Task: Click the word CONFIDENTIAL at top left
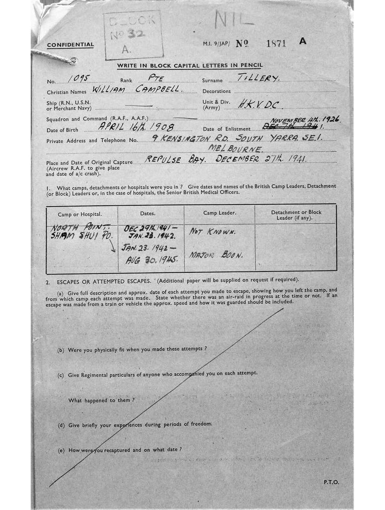coord(70,45)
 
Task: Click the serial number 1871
coord(276,43)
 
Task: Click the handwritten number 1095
coord(78,79)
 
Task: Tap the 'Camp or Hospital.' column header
coord(80,214)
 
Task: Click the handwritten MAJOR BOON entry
coord(215,255)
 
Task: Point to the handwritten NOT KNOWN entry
coord(212,232)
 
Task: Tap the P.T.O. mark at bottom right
coord(331,482)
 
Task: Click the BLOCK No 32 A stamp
coord(133,35)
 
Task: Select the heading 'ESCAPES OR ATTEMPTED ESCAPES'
coord(105,281)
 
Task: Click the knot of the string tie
coord(72,61)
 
